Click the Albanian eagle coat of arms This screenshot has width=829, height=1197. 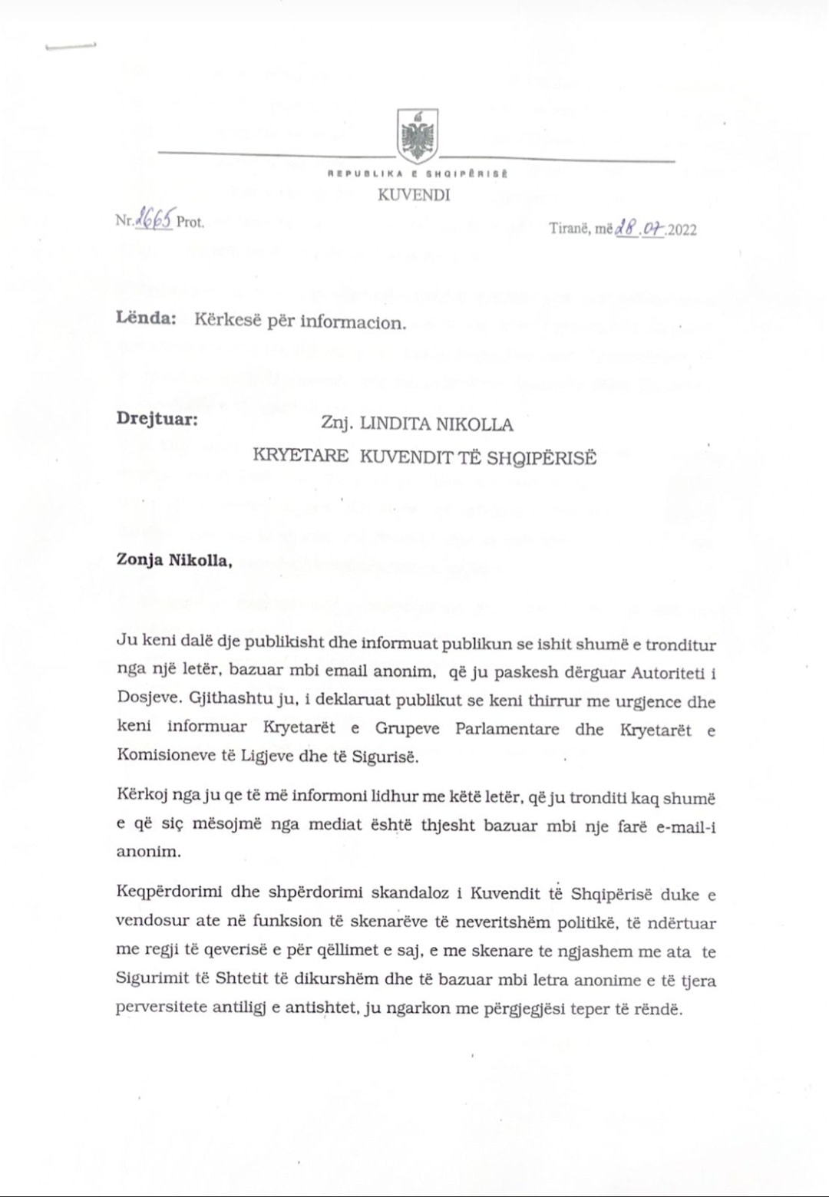pyautogui.click(x=418, y=135)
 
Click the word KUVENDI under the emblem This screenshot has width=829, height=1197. pyautogui.click(x=414, y=195)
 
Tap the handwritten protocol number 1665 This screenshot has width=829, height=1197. pyautogui.click(x=154, y=219)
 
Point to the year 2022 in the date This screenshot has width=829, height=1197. pyautogui.click(x=682, y=229)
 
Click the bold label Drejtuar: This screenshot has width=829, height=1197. pyautogui.click(x=157, y=420)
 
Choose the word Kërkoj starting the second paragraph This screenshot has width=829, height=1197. pyautogui.click(x=141, y=799)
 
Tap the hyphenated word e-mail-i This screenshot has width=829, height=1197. pyautogui.click(x=675, y=827)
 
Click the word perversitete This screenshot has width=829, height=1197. pyautogui.click(x=161, y=1007)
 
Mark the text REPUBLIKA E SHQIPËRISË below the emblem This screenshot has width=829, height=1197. pyautogui.click(x=418, y=174)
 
